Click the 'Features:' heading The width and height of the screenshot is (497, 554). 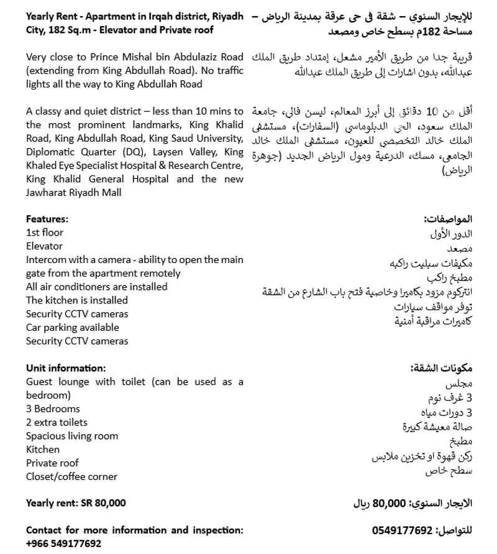point(47,219)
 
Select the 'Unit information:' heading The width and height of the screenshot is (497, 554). point(66,368)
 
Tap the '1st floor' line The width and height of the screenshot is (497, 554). point(45,233)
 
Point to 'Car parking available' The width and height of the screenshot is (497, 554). point(72,327)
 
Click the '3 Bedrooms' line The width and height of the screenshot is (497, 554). point(53,409)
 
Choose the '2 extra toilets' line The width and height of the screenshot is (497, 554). point(57,422)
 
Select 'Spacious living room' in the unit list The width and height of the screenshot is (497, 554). point(71,436)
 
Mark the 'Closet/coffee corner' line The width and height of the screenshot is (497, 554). point(71,476)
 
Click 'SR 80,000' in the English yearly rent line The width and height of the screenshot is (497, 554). point(103,503)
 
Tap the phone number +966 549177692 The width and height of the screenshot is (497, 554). point(63,543)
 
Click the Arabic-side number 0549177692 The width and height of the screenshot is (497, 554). point(402,530)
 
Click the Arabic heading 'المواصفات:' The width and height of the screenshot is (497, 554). point(448,219)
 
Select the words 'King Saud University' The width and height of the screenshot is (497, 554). point(194,138)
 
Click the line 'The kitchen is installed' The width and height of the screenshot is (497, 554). point(77,300)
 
